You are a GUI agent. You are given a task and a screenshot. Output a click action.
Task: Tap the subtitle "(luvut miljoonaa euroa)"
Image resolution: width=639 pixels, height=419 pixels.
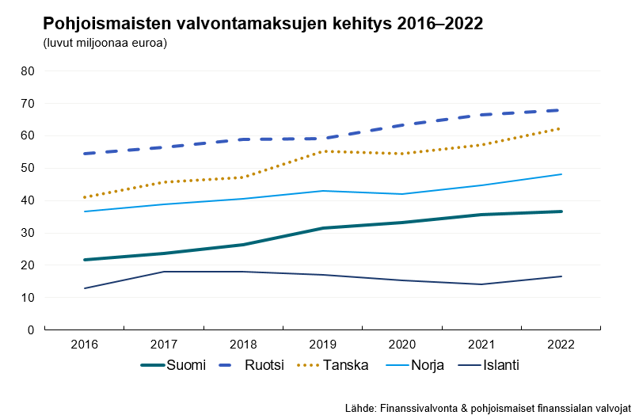[105, 43]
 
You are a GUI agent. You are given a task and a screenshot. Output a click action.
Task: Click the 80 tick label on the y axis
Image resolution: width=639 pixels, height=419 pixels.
[29, 71]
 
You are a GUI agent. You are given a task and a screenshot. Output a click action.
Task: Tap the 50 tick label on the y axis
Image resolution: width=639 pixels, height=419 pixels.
[29, 168]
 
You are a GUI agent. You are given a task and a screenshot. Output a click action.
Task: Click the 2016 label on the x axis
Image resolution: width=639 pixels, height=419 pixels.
[84, 345]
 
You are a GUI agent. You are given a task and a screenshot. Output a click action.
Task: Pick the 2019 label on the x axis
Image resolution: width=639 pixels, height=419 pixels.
[322, 345]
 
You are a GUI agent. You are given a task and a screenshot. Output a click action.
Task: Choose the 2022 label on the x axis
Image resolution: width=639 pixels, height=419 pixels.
[561, 345]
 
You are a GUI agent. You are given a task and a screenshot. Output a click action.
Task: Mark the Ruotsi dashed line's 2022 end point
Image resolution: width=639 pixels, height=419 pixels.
[561, 110]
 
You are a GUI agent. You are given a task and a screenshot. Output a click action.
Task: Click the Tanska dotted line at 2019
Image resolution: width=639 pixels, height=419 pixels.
[322, 151]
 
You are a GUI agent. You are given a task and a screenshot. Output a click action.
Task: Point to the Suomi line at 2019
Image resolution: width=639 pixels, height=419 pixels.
[322, 228]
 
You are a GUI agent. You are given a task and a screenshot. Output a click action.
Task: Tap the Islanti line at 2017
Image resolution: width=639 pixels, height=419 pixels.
[164, 272]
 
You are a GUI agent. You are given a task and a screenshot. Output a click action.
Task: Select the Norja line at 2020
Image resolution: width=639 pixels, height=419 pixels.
[402, 194]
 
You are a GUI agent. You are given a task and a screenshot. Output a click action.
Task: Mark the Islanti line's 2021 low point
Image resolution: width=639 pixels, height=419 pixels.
[481, 284]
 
